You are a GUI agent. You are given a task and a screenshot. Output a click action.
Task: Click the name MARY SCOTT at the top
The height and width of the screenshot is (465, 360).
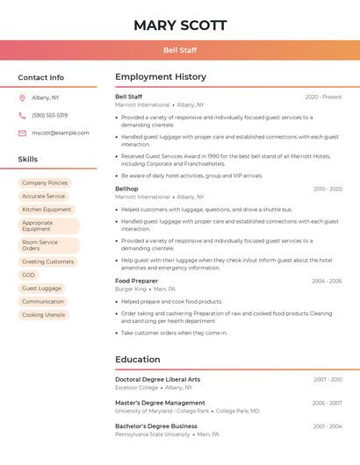point(180,25)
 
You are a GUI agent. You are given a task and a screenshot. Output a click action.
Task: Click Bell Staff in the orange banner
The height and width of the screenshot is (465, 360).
point(180,50)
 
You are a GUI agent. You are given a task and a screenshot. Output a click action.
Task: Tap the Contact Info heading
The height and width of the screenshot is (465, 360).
point(40,77)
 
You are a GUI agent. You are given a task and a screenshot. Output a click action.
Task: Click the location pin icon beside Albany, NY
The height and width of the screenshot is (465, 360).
point(22,97)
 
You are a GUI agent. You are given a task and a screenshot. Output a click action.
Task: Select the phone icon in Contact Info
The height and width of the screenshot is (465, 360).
point(22,115)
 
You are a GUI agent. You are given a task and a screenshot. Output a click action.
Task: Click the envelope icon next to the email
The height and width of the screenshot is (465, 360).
point(22,133)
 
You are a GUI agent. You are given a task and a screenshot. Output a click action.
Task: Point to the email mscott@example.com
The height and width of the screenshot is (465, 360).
point(60,133)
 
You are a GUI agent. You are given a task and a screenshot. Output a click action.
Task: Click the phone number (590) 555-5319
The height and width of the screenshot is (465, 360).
point(49,115)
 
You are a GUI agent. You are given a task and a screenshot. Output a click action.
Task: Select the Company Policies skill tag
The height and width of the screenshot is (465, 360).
point(45,183)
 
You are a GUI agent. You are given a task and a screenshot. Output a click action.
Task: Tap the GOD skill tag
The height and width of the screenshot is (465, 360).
point(29,275)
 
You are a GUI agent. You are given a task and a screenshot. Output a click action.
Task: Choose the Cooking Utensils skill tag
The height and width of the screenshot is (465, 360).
point(44,315)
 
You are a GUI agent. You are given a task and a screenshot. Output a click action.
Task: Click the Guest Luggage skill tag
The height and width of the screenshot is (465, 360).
point(41,288)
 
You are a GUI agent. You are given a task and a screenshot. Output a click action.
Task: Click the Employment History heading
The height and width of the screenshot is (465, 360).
point(161,77)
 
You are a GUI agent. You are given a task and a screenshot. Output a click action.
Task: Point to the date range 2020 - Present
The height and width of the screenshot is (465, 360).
point(323,97)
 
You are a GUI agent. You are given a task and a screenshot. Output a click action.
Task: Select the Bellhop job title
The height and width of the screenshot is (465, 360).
point(126,189)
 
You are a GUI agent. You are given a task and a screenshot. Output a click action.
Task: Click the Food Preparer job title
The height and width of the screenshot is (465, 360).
point(136,281)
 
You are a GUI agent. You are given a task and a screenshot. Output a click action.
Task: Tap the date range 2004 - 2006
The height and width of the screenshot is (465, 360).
point(326,282)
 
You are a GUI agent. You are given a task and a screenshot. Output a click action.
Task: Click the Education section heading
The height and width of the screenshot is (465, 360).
point(137,359)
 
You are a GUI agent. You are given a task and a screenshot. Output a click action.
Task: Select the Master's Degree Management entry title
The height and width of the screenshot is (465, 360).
point(160,403)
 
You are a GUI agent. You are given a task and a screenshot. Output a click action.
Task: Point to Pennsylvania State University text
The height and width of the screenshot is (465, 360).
point(152,434)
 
